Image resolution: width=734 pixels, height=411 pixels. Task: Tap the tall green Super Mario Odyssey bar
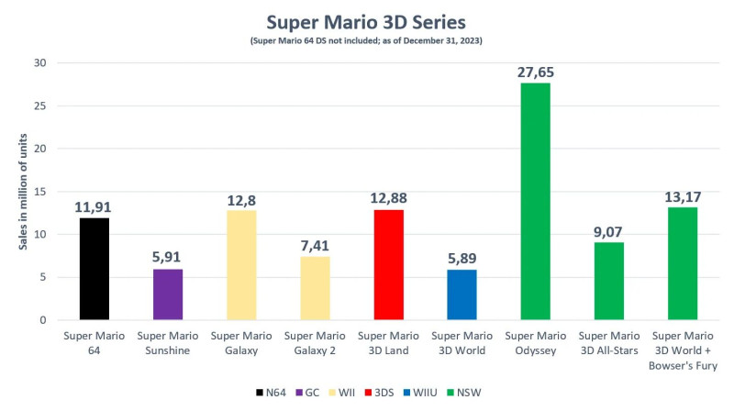(535, 202)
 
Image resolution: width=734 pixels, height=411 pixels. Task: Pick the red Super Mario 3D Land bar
(387, 265)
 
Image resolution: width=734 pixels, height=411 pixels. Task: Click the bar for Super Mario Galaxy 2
(314, 288)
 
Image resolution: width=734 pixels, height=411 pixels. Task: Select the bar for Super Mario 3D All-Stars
(608, 281)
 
